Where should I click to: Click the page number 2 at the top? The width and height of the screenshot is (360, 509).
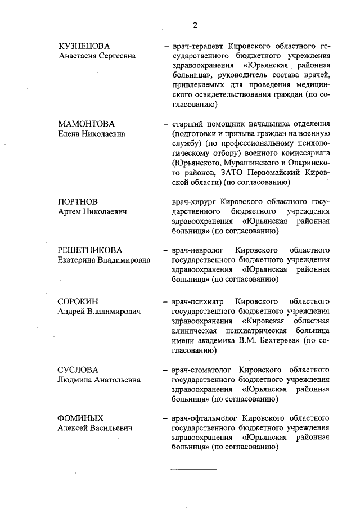pyautogui.click(x=195, y=25)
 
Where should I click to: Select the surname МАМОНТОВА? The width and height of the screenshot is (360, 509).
pyautogui.click(x=86, y=123)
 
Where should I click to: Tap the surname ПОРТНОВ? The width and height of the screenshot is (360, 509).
pyautogui.click(x=78, y=201)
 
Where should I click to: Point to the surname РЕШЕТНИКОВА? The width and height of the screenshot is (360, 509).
pyautogui.click(x=90, y=249)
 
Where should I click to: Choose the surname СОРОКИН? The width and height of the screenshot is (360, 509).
pyautogui.click(x=78, y=301)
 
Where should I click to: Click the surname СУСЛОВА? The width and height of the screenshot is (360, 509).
pyautogui.click(x=78, y=370)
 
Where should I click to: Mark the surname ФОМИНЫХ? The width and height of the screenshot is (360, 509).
pyautogui.click(x=80, y=418)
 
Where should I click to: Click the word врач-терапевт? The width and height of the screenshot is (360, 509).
pyautogui.click(x=194, y=46)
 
